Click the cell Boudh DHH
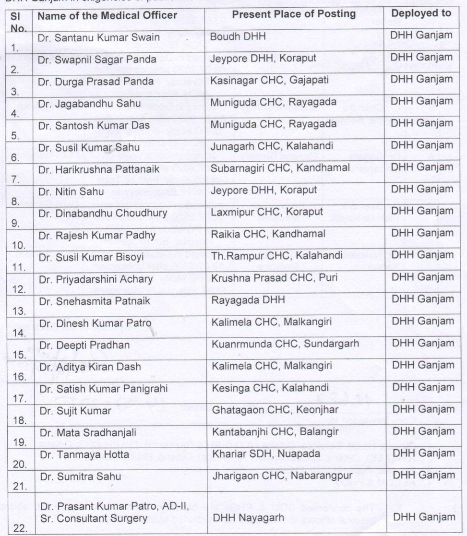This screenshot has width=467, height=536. click(233, 36)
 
